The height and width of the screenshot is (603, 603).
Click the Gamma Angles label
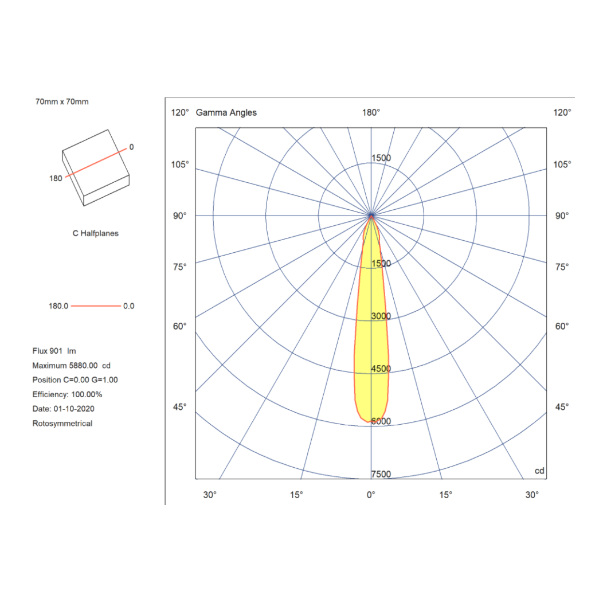(226, 112)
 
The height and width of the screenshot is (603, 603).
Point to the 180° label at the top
(371, 112)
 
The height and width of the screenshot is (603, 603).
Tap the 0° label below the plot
(371, 495)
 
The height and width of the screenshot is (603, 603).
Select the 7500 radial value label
(381, 474)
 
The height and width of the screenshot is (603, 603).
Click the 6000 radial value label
(381, 421)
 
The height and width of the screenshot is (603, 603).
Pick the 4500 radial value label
(381, 369)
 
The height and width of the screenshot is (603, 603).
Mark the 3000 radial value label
(381, 316)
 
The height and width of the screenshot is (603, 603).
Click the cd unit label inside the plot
(539, 471)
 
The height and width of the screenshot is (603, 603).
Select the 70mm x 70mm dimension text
(62, 101)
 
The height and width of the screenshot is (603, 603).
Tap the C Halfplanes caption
(95, 233)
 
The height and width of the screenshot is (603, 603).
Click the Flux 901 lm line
(54, 350)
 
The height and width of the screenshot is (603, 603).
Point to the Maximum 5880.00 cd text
(71, 365)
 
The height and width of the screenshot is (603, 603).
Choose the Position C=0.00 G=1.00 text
(75, 379)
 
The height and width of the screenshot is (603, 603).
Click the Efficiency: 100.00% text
(68, 394)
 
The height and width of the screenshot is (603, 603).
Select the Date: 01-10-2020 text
(64, 409)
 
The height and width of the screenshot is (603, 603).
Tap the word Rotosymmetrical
(62, 424)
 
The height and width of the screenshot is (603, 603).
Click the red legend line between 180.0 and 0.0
(96, 306)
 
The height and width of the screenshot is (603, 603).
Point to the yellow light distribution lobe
(371, 355)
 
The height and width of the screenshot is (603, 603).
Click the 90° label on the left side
(179, 216)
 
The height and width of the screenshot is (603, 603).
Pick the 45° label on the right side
(562, 407)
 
